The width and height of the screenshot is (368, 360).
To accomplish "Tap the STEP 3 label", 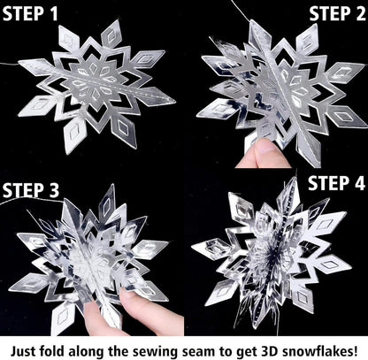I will coord(33,188).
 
